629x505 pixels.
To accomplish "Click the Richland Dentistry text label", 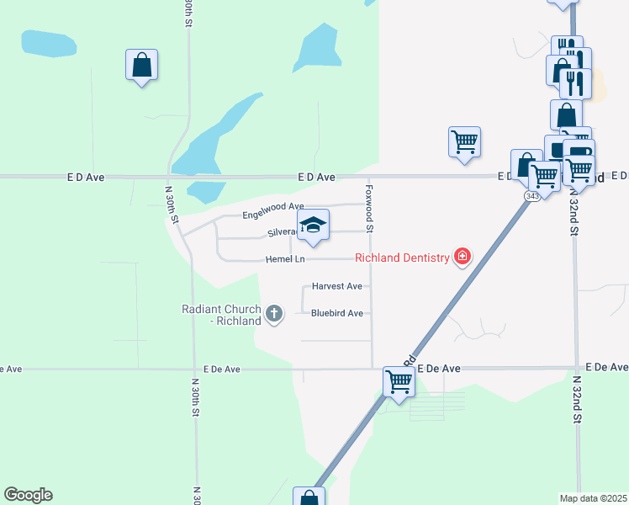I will tap(402, 258).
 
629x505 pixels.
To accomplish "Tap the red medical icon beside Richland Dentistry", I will tap(462, 257).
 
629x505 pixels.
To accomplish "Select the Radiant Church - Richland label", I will tap(222, 315).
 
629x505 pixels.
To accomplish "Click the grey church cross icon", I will tap(273, 315).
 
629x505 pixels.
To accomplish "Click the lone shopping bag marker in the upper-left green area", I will tap(141, 65).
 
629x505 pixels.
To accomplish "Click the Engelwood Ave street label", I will tap(272, 206).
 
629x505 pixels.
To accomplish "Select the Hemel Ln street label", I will tap(284, 259).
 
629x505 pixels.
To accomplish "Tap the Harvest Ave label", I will tap(336, 286).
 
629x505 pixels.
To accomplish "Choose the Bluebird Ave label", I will tap(336, 313).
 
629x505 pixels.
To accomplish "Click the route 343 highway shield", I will tap(532, 196).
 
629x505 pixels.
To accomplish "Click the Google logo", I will tap(28, 495).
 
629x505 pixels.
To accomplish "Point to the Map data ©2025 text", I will tap(593, 498).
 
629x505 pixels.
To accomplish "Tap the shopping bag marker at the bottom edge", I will tap(308, 497).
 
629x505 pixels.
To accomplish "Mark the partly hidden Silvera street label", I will tap(281, 232).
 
